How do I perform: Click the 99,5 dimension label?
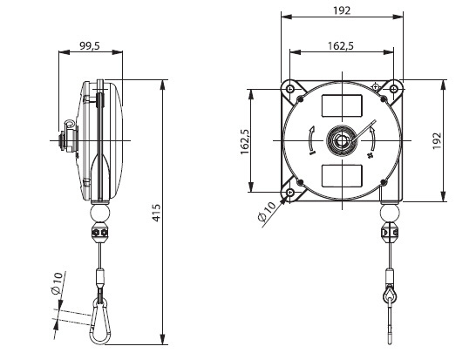point(90,46)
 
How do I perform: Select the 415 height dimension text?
point(156,213)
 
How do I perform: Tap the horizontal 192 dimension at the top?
point(342,11)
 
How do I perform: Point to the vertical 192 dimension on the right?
point(437,140)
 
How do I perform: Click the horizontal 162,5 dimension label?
point(341,46)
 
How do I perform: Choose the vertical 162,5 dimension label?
point(245,142)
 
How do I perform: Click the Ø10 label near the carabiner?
point(57,283)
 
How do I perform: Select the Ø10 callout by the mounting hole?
point(267,212)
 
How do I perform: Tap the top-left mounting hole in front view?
point(290,89)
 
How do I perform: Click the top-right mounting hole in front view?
point(394,89)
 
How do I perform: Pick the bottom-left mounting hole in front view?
point(290,192)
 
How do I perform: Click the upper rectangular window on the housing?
point(342,105)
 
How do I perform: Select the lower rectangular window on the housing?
point(342,176)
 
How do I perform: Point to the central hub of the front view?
point(342,140)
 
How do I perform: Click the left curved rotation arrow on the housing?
point(310,141)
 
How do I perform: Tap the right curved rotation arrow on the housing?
point(373,139)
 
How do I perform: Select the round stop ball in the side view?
point(100,213)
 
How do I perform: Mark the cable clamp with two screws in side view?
point(100,233)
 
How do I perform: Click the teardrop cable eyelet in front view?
point(390,294)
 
